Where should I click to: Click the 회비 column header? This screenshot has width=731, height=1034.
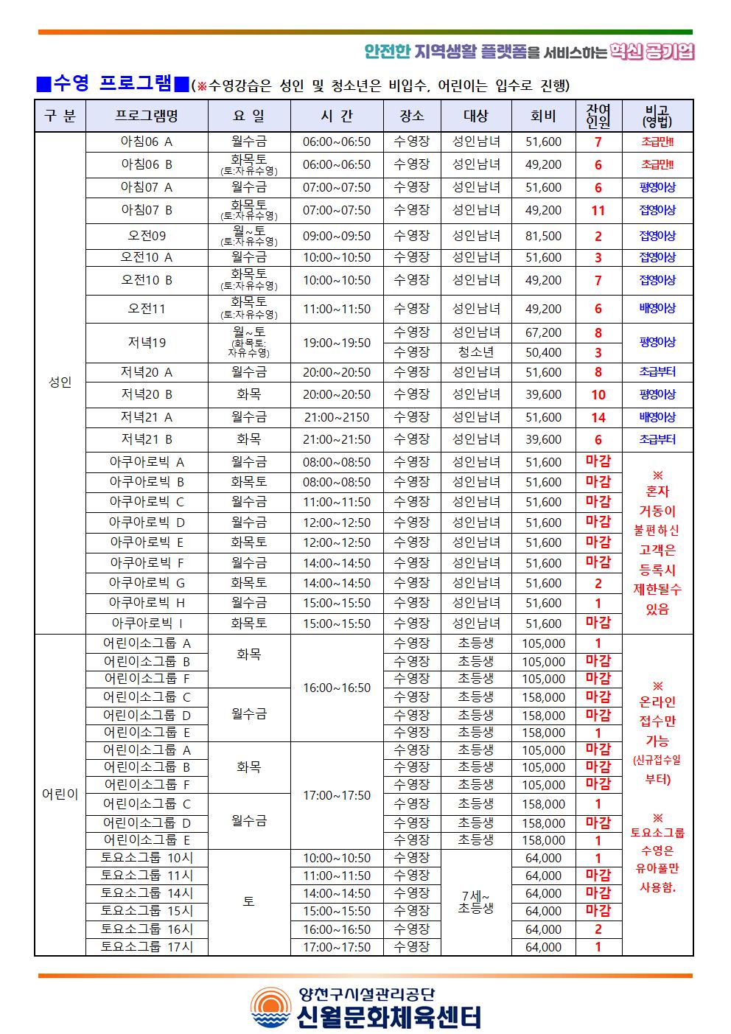pyautogui.click(x=543, y=116)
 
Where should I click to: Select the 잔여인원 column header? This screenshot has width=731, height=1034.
pyautogui.click(x=598, y=116)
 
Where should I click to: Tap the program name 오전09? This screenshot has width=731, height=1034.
pyautogui.click(x=147, y=236)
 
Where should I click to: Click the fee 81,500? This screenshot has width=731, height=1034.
pyautogui.click(x=543, y=236)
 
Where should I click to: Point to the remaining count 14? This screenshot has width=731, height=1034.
pyautogui.click(x=598, y=418)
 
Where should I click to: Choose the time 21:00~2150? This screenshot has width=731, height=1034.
pyautogui.click(x=337, y=418)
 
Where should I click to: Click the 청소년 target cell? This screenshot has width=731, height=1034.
pyautogui.click(x=476, y=352)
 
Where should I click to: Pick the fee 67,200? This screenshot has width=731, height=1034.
pyautogui.click(x=543, y=332)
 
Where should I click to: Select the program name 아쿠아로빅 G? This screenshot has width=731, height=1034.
pyautogui.click(x=147, y=583)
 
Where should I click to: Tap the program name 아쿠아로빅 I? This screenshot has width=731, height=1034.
pyautogui.click(x=147, y=623)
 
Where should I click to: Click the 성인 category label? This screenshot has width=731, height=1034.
pyautogui.click(x=60, y=382)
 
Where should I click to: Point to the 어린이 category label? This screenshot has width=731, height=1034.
pyautogui.click(x=60, y=795)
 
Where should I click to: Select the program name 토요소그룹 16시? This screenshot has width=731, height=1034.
pyautogui.click(x=147, y=929)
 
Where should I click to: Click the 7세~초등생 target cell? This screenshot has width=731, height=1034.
pyautogui.click(x=476, y=902)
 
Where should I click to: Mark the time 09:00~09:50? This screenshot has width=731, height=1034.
pyautogui.click(x=337, y=236)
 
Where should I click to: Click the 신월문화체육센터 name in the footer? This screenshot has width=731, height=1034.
pyautogui.click(x=389, y=1017)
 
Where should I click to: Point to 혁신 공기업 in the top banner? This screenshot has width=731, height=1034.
pyautogui.click(x=652, y=52)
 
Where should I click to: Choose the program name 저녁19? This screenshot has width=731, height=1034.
pyautogui.click(x=147, y=343)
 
